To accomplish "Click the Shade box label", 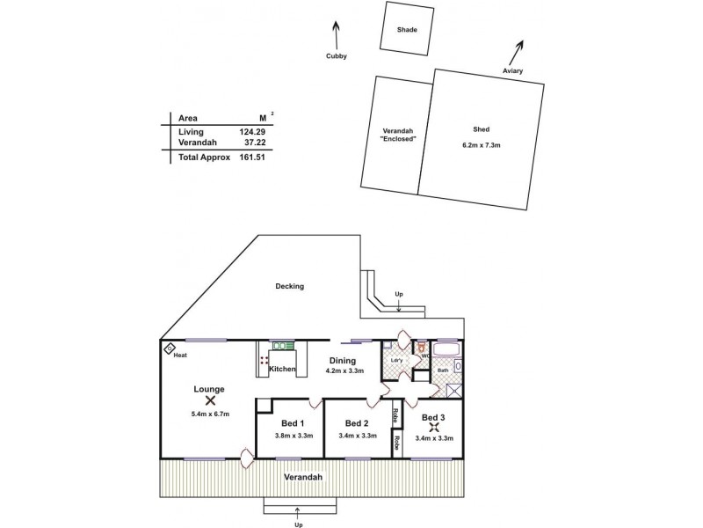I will pyautogui.click(x=407, y=30).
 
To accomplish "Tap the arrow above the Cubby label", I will pyautogui.click(x=336, y=35).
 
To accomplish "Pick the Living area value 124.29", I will pyautogui.click(x=251, y=131).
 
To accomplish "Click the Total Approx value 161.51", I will pyautogui.click(x=251, y=157).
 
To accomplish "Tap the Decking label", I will pyautogui.click(x=289, y=286).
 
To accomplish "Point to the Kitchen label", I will pyautogui.click(x=282, y=369).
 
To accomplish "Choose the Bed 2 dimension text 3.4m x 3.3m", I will pyautogui.click(x=358, y=435).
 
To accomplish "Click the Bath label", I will pyautogui.click(x=443, y=370).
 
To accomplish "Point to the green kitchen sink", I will pyautogui.click(x=283, y=346).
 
